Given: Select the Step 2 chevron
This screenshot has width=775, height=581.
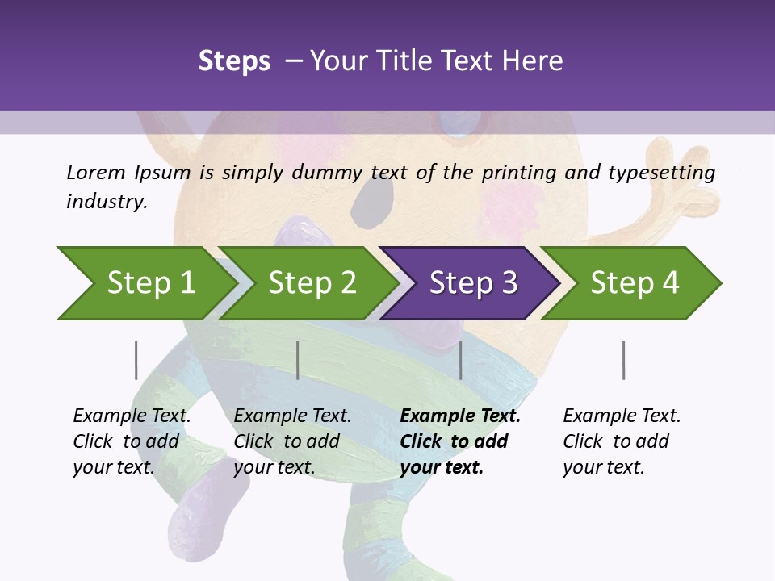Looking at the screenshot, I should point(312,283).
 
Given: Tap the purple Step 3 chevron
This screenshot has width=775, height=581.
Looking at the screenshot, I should point(473,283).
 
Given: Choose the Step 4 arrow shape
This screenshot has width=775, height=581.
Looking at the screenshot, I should point(635,283).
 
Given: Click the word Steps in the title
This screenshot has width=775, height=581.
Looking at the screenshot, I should point(234,61).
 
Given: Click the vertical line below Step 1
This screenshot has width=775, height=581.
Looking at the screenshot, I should point(136,360).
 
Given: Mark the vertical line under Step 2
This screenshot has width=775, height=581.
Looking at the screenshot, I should point(298,360).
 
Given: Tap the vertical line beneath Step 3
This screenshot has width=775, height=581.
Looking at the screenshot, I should point(460,360).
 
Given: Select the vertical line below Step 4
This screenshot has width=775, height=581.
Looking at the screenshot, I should point(623,360).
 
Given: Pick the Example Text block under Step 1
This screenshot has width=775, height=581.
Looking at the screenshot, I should point(132,441).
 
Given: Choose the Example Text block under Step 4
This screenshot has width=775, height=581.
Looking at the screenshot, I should point(622,441).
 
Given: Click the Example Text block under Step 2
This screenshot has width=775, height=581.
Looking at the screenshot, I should point(292,441).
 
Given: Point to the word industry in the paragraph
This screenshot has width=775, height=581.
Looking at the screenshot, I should point(106,201).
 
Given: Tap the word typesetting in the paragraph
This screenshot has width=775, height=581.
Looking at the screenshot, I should point(668,172).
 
